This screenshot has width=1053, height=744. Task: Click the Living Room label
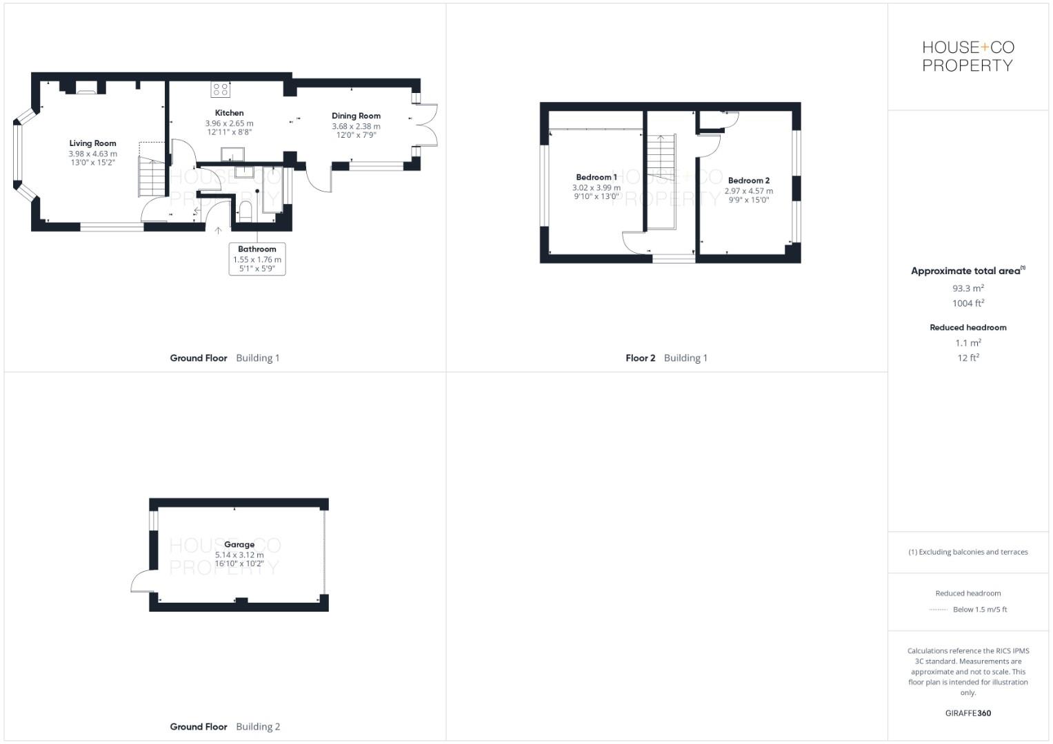[x=92, y=143]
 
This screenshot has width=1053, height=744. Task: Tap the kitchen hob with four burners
[x=221, y=89]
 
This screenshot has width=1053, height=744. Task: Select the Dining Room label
[x=356, y=116]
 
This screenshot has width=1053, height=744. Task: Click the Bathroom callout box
[x=257, y=259]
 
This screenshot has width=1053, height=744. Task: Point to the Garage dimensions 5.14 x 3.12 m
[x=239, y=555]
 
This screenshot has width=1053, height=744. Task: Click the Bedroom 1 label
[x=596, y=177]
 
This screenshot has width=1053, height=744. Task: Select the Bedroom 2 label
[x=748, y=180]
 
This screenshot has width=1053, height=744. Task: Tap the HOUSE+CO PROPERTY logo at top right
[x=967, y=56]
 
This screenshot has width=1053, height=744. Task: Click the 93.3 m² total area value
[x=967, y=289]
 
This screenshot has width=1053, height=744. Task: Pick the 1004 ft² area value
[x=967, y=303]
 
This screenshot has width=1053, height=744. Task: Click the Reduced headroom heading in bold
[x=967, y=327]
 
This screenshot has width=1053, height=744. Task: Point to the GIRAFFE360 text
[x=967, y=713]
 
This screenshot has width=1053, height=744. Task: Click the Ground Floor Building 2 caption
[x=225, y=726]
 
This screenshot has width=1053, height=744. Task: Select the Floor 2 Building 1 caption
[x=666, y=358]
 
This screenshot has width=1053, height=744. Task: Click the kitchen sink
[x=232, y=154]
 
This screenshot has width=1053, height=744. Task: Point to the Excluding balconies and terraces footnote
[x=967, y=552]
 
